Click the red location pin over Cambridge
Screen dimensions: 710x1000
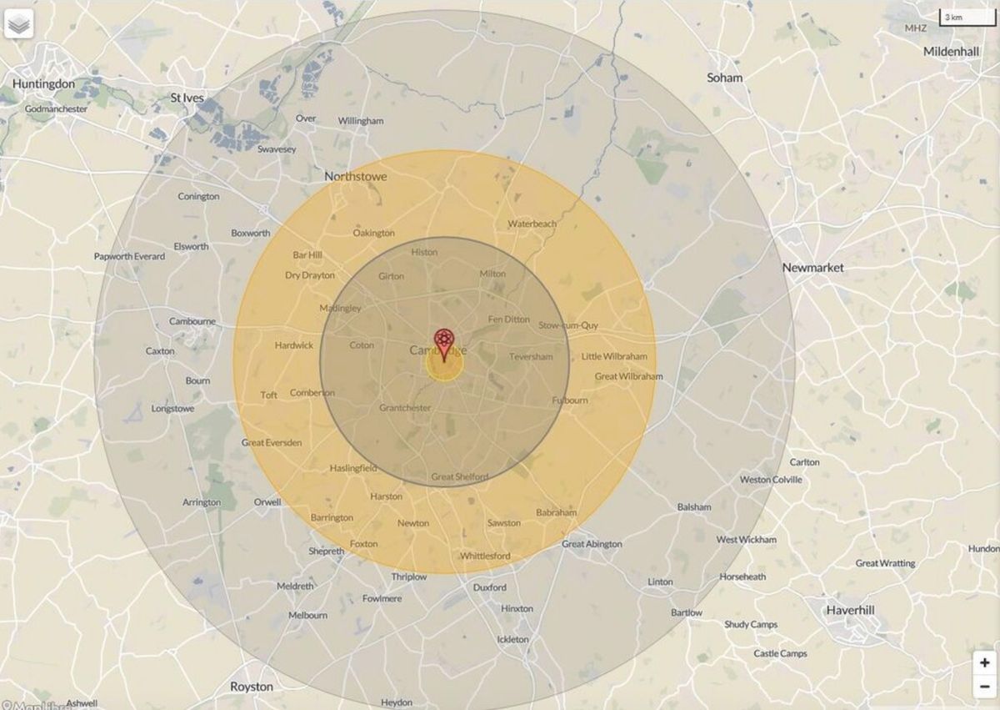[x=444, y=342]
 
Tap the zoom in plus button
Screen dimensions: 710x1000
[x=985, y=662]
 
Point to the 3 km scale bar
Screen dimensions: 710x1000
[x=967, y=17]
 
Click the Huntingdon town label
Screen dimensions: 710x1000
[x=43, y=84]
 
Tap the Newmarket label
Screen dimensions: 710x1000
[x=812, y=268]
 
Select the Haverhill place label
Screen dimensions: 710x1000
[x=850, y=611]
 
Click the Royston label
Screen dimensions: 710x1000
[x=251, y=687]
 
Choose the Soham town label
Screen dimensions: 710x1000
[x=724, y=78]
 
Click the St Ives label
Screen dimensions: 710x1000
[x=187, y=98]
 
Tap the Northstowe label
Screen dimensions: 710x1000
[x=355, y=177]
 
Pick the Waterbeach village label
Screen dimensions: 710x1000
[x=532, y=224]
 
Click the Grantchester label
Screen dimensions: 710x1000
[x=405, y=408]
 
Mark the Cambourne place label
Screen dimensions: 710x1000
[x=192, y=321]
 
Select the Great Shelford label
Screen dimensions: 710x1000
[x=459, y=477]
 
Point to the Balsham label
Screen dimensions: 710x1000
[x=694, y=507]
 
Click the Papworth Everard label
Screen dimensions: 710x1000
[x=129, y=256]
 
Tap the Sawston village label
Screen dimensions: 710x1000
[x=503, y=523]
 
